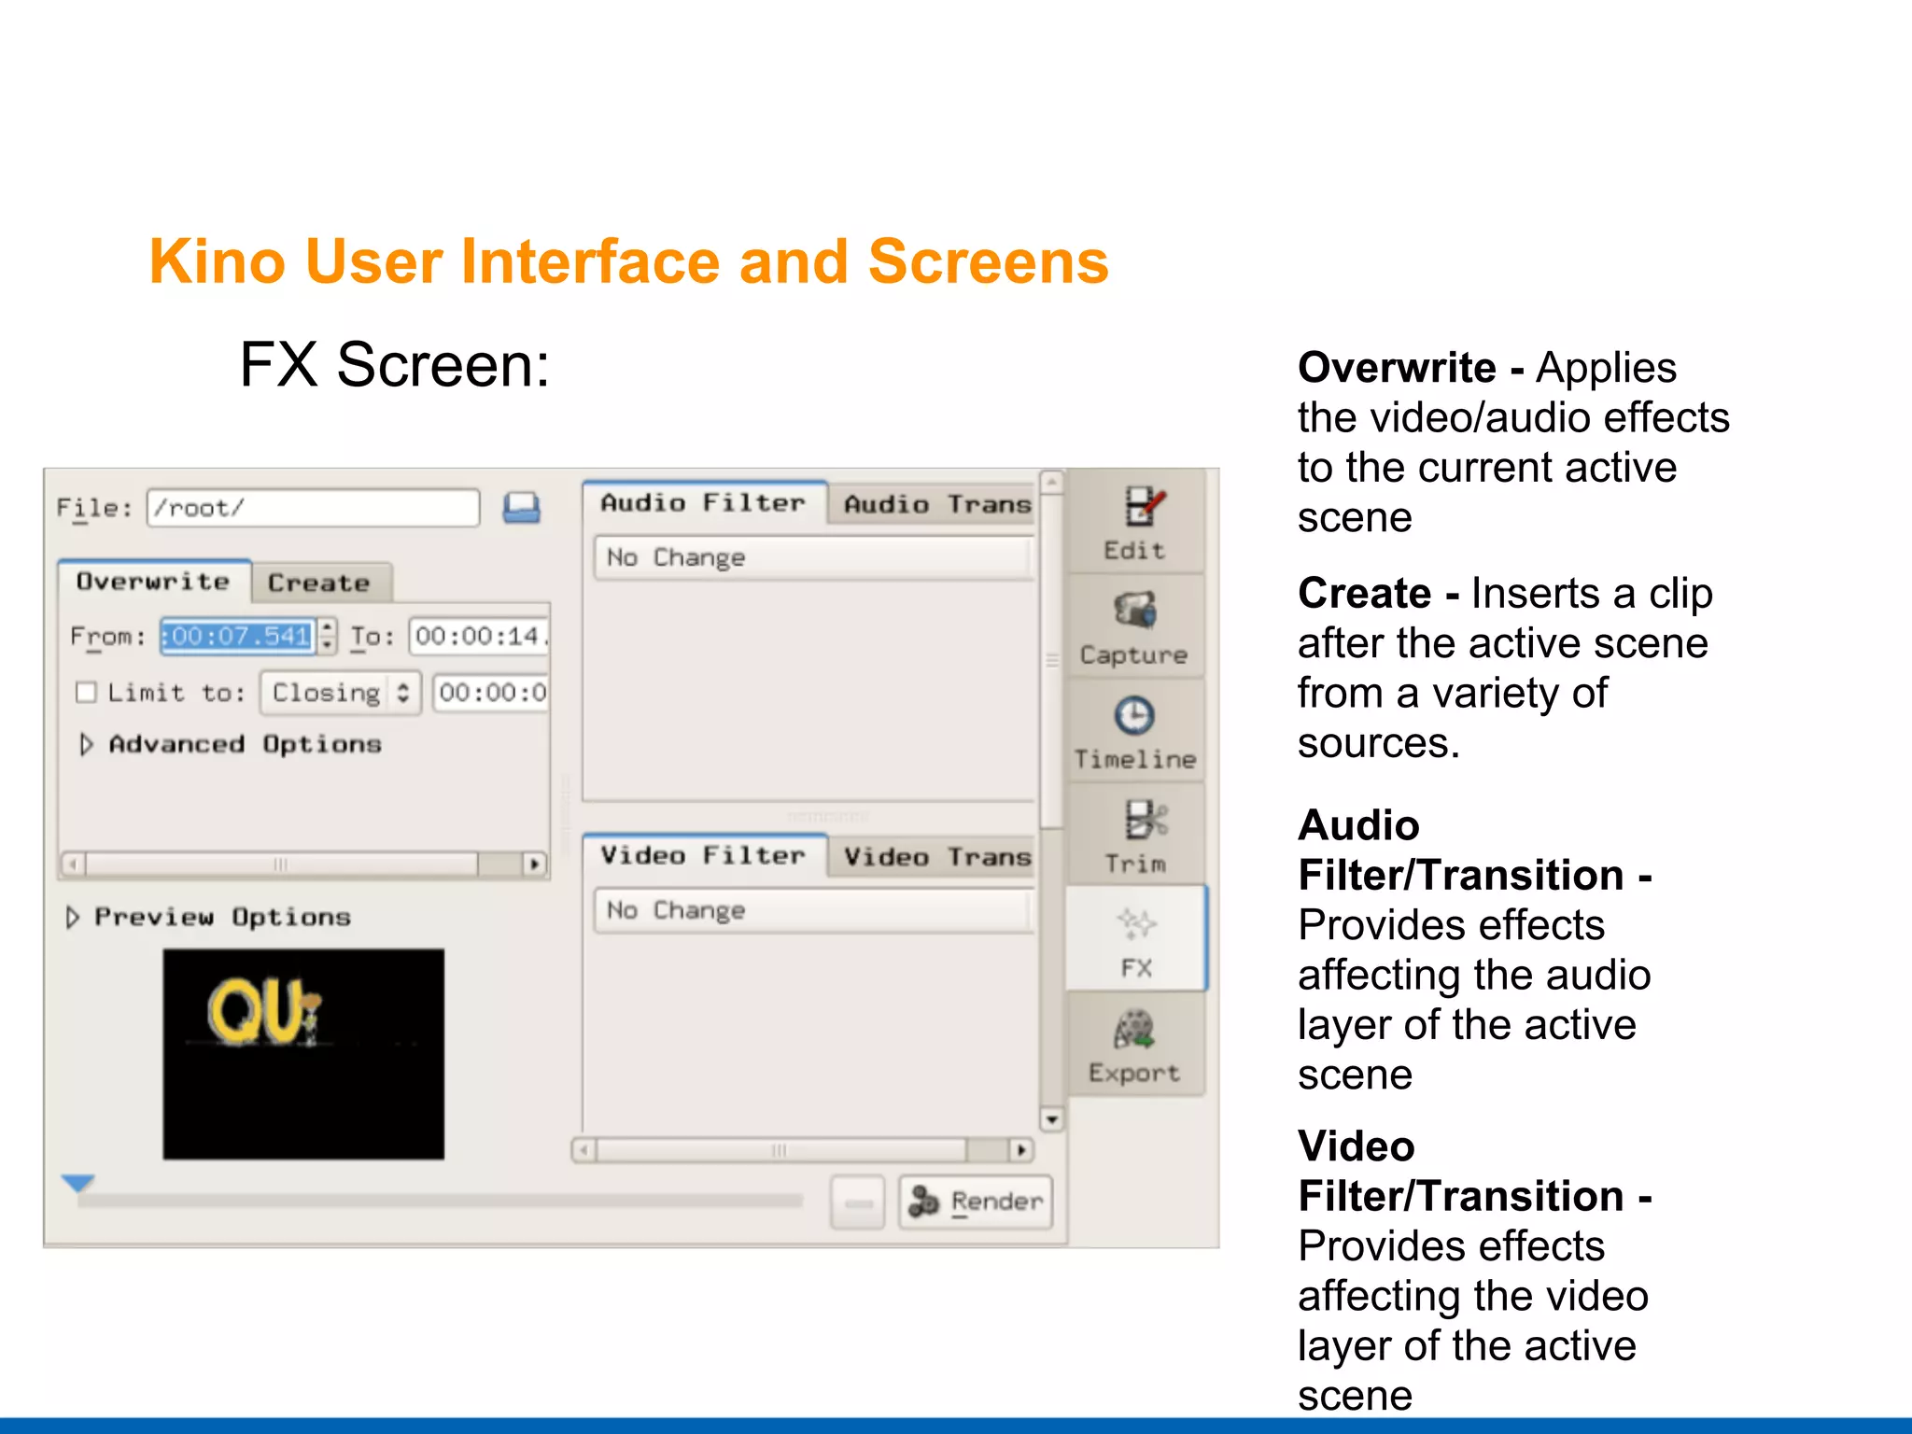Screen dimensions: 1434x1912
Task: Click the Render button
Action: [x=976, y=1202]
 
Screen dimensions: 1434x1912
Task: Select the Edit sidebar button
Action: [x=1135, y=523]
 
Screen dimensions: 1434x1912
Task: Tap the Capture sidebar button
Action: [x=1134, y=628]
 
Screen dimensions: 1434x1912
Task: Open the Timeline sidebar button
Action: [x=1134, y=733]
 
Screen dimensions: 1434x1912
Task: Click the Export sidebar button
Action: [x=1134, y=1047]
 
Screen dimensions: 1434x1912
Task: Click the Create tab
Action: [x=319, y=583]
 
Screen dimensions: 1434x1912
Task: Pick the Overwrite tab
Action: [x=153, y=582]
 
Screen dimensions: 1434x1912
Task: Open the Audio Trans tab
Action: [x=936, y=505]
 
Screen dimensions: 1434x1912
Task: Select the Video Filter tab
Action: [x=703, y=856]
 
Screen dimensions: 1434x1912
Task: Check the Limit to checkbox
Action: [x=87, y=693]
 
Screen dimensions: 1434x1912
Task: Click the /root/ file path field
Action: [x=313, y=508]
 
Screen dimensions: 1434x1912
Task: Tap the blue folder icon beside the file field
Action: [x=522, y=508]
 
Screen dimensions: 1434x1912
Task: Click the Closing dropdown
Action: [x=341, y=693]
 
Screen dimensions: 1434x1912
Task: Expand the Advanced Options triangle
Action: [x=86, y=744]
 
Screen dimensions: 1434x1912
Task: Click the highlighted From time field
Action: [x=238, y=637]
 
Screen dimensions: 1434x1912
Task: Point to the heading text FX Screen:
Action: [x=395, y=365]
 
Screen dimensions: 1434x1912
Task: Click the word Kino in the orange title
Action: [x=217, y=261]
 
